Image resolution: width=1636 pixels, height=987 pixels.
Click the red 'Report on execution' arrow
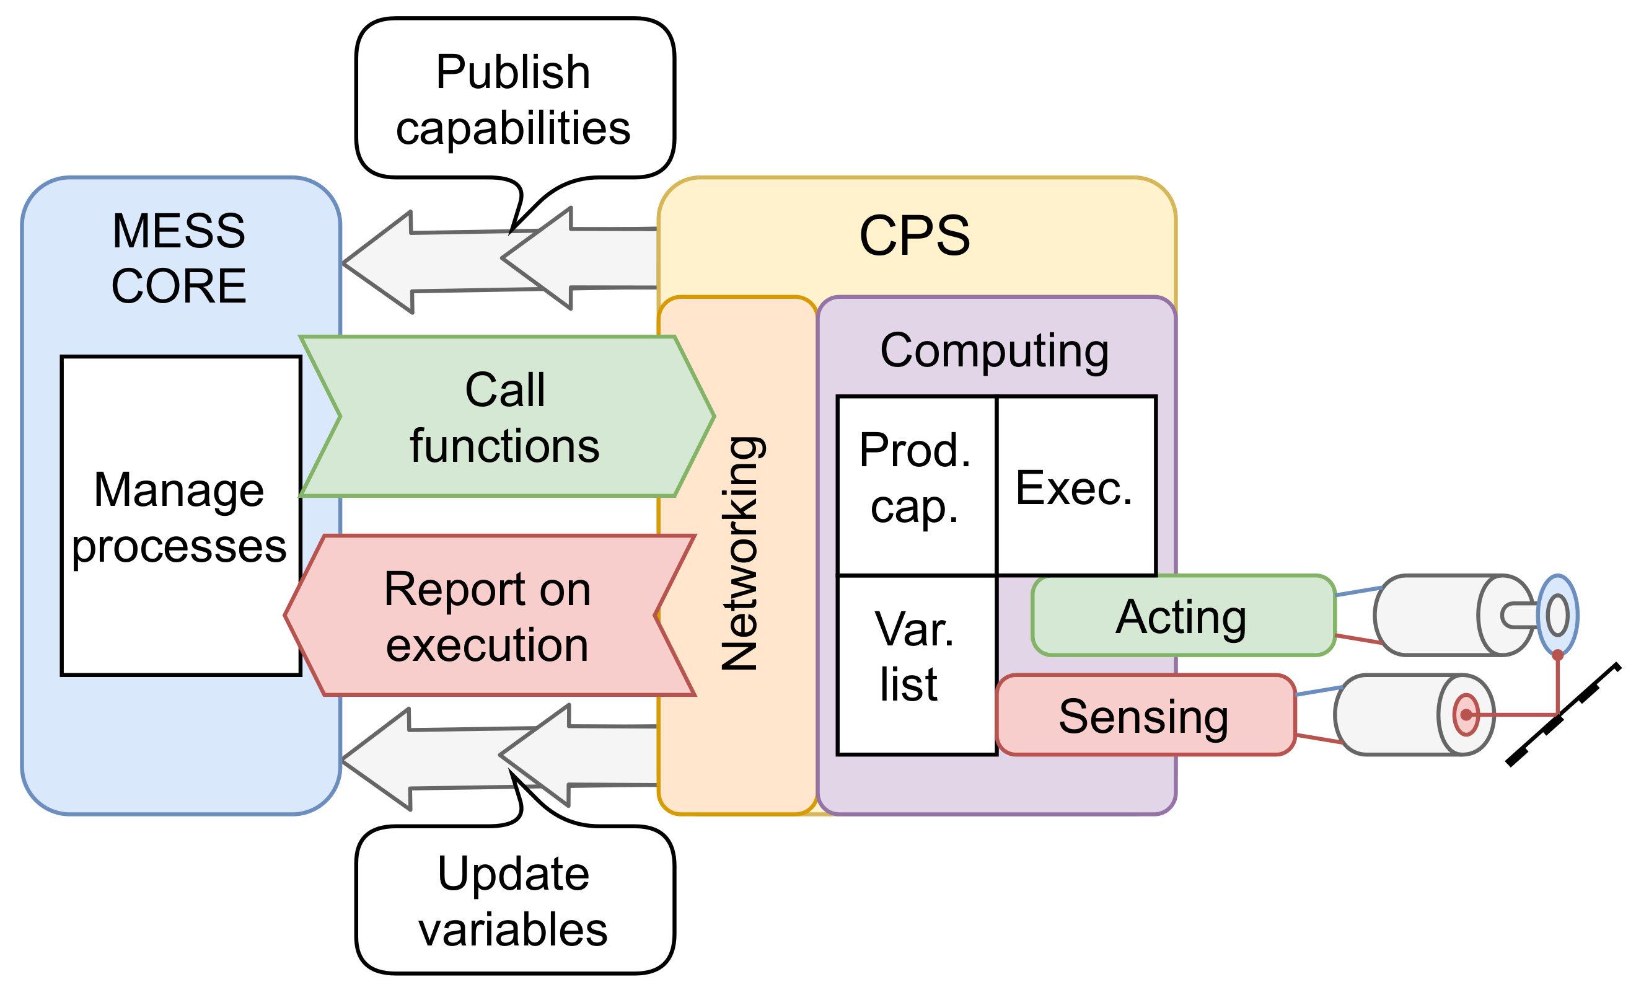point(488,616)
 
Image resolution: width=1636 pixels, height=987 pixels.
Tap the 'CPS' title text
point(914,235)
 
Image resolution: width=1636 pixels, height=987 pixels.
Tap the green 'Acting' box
point(1182,616)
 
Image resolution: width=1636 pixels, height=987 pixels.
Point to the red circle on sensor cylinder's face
point(1466,715)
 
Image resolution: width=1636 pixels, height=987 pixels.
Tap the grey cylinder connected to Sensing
point(1394,715)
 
